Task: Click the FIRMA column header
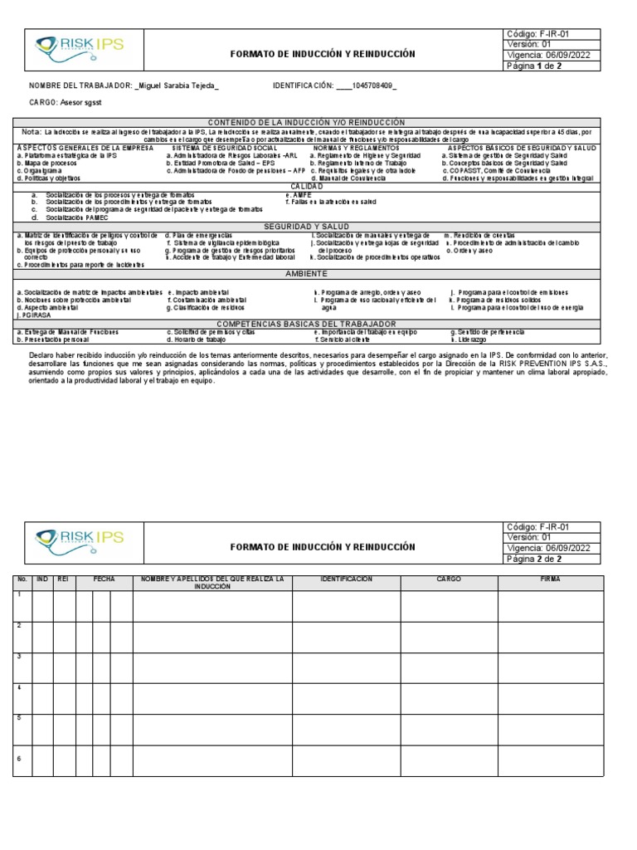(550, 579)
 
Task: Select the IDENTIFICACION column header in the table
(346, 579)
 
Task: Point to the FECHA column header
(104, 579)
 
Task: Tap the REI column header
(63, 579)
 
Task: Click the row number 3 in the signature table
(18, 657)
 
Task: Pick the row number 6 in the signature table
(18, 758)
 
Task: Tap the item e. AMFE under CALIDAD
(299, 195)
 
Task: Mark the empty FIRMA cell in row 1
(550, 606)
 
